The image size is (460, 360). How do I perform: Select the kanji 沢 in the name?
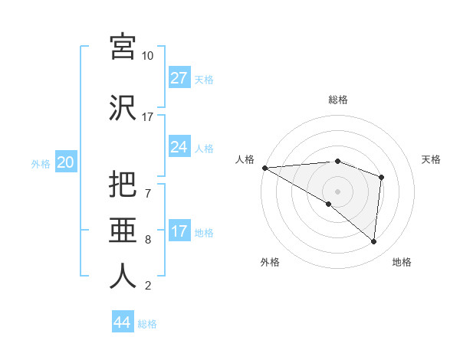coord(123,107)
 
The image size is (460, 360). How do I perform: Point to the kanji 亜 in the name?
coord(123,229)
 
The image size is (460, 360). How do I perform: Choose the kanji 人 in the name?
coord(123,276)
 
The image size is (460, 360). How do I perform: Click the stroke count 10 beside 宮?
coord(148,56)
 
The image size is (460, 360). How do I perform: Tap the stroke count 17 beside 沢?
coord(148,117)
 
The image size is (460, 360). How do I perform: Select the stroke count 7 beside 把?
coord(148,184)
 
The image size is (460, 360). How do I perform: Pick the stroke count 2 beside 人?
coord(148,286)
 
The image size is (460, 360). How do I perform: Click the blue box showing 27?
coord(179,78)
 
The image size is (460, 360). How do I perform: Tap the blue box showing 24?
coord(179,147)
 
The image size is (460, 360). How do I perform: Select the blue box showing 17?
coord(179,231)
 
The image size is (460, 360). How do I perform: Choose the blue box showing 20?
coord(66,162)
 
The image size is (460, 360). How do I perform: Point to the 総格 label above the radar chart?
coord(337,100)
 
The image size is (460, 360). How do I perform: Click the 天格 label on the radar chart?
coord(432,159)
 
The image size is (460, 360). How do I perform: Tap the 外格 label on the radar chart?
coord(270,262)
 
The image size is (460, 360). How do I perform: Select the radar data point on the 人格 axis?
coord(264,167)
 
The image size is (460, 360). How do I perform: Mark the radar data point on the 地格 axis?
coord(373,241)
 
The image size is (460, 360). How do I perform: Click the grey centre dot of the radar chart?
coord(337,191)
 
